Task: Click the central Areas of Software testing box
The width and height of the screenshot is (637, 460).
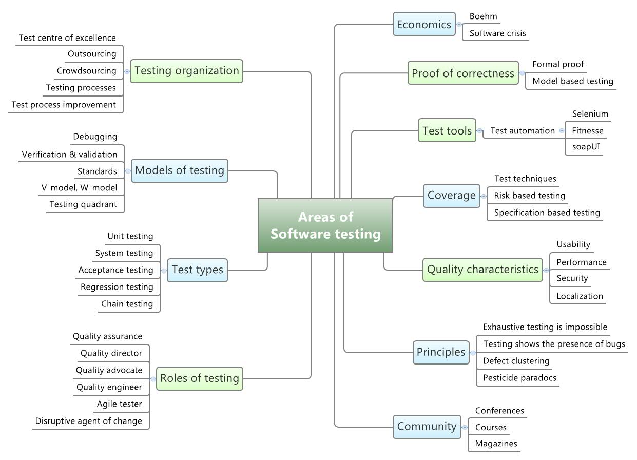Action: point(325,225)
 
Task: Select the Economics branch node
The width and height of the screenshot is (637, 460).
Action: point(424,24)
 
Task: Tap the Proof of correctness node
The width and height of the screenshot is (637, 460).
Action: point(462,73)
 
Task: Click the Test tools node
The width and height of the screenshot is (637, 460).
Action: point(447,131)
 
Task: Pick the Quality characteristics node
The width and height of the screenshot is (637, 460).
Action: point(482,270)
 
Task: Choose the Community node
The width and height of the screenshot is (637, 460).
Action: point(427,426)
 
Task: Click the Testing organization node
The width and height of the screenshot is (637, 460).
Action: point(187,71)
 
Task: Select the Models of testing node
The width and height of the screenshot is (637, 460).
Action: point(180,170)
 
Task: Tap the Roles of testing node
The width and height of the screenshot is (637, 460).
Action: point(200,378)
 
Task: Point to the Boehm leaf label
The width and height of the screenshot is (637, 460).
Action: point(483,16)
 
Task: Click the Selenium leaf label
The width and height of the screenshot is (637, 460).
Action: point(590,114)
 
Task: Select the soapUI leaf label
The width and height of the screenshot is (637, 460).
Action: point(586,147)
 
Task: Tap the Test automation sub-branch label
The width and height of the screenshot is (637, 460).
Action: point(523,131)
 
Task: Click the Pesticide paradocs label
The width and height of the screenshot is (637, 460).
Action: point(519,378)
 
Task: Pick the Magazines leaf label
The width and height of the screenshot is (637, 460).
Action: point(496,444)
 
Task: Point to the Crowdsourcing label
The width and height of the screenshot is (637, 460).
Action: point(86,71)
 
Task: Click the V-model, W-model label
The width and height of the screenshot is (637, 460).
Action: point(79,188)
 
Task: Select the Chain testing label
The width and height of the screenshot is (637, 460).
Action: point(127,304)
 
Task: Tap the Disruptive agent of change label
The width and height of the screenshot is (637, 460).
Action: point(88,421)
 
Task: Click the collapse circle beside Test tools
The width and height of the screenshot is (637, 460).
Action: point(479,131)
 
